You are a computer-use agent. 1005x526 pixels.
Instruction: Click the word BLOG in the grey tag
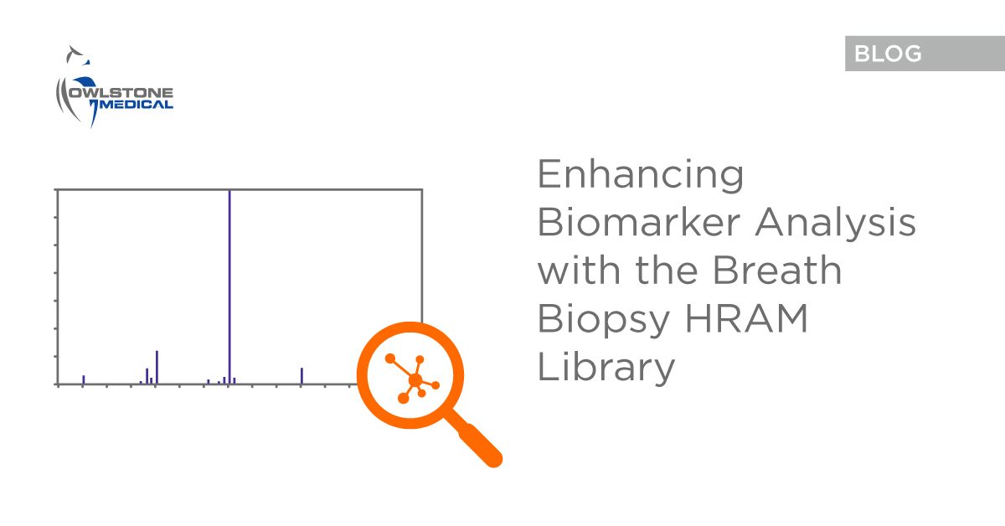888,54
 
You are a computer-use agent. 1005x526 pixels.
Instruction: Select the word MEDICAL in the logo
137,105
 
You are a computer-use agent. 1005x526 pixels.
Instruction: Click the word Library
606,367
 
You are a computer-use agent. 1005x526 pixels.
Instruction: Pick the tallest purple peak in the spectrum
229,285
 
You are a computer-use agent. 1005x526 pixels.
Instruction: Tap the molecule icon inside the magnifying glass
414,379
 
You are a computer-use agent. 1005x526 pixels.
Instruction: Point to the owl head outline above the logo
77,57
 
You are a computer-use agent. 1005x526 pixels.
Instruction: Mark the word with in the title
578,271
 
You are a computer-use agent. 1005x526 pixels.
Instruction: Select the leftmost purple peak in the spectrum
83,379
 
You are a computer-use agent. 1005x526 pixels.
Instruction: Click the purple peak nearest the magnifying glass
301,376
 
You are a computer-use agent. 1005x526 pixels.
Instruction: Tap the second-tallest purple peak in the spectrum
157,367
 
